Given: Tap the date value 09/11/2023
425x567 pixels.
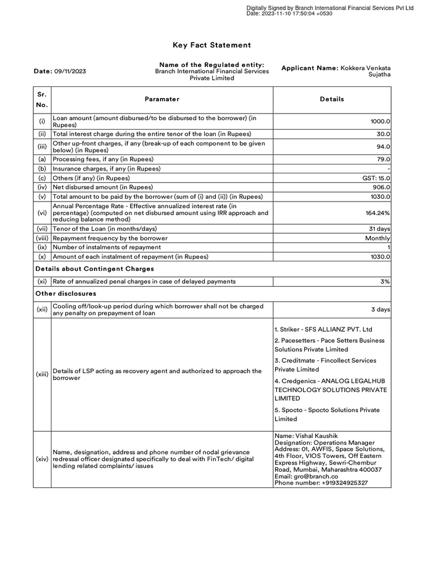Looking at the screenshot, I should pyautogui.click(x=70, y=71).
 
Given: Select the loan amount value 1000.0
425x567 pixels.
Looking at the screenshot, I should pyautogui.click(x=380, y=121).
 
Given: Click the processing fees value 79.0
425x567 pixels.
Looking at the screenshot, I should pyautogui.click(x=383, y=159).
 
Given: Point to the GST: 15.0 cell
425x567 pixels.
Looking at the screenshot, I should pyautogui.click(x=376, y=178).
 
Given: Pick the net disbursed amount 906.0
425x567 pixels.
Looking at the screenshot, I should pyautogui.click(x=382, y=187).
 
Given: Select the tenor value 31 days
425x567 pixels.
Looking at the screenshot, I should pyautogui.click(x=380, y=229).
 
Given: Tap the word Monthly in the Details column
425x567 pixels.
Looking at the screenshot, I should pyautogui.click(x=379, y=238).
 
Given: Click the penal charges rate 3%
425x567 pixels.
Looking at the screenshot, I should pyautogui.click(x=385, y=281).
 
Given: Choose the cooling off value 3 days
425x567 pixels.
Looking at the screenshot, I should pyautogui.click(x=380, y=310).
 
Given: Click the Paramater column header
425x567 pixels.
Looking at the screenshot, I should pyautogui.click(x=162, y=99).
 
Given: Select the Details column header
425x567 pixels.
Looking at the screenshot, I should pyautogui.click(x=331, y=99).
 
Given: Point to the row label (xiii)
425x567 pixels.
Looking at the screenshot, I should pyautogui.click(x=42, y=374).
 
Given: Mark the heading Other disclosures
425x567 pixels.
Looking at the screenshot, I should pyautogui.click(x=66, y=293).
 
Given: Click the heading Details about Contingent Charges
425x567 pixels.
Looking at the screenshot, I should pyautogui.click(x=94, y=269).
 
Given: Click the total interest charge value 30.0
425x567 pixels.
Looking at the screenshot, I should pyautogui.click(x=383, y=134).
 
